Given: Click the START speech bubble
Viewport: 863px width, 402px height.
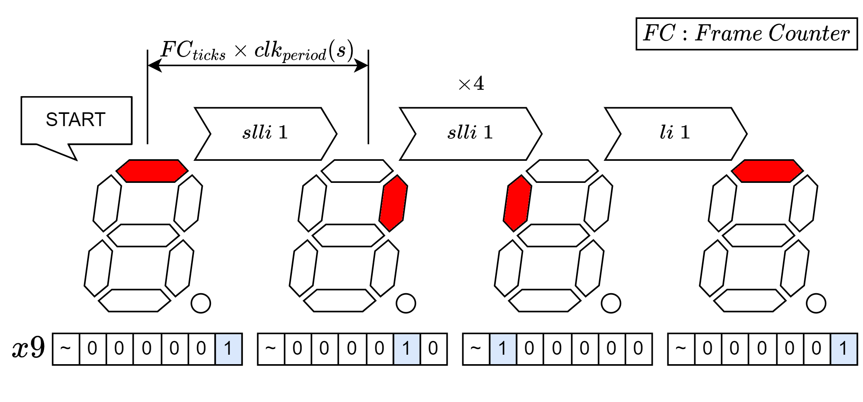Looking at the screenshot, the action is point(76,120).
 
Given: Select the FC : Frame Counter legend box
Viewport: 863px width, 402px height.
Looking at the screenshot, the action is point(746,33).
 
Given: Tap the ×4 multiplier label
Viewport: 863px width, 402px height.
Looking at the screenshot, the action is point(471,84).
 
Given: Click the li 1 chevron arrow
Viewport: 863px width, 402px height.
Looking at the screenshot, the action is point(675,134).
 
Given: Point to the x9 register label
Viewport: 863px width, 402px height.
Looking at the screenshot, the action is point(28,348).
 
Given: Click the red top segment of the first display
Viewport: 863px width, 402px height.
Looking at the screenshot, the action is point(152,171).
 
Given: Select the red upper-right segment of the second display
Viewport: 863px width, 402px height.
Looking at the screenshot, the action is point(393,203).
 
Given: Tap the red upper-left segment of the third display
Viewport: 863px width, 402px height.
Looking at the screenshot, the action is point(517,203).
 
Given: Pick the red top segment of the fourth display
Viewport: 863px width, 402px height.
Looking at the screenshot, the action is point(767,171).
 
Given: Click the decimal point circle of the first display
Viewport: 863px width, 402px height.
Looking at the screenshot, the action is point(201,303).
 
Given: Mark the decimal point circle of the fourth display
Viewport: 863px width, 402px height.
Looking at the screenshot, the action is point(816,303).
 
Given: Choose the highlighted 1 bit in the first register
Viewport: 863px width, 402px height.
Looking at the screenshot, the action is point(228,349).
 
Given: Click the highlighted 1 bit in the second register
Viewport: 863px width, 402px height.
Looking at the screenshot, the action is point(407,349).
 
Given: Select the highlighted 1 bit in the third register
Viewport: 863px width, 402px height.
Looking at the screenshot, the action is point(502,349).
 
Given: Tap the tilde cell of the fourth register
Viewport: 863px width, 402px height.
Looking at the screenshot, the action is point(681,349).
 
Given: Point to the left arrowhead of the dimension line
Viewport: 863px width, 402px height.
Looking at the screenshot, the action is point(155,65).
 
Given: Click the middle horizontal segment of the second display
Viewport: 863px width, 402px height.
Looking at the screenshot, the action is point(348,235).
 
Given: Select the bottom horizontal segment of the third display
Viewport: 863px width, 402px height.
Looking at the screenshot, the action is point(544,300).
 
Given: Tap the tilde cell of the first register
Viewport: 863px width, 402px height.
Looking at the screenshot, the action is point(66,349).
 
